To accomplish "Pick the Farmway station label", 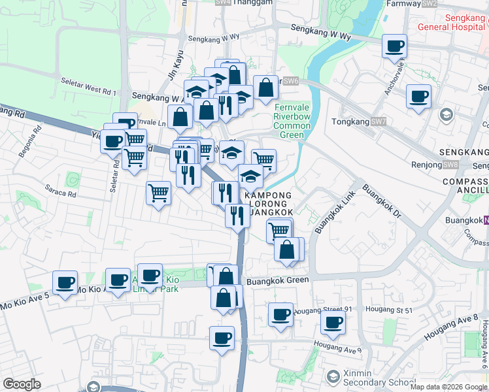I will pyautogui.click(x=403, y=3).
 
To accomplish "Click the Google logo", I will pyautogui.click(x=22, y=384).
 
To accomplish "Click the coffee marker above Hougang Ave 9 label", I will pyautogui.click(x=333, y=322).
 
